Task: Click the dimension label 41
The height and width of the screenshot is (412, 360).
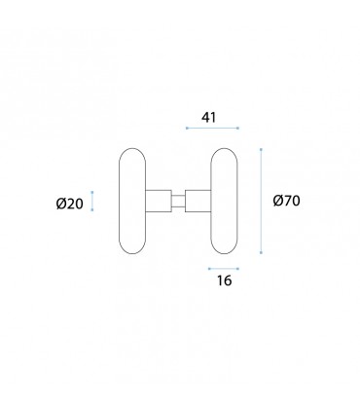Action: tap(208, 117)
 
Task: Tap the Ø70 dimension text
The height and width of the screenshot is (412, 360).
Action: tap(286, 201)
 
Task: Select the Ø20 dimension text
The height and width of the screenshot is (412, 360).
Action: tap(70, 204)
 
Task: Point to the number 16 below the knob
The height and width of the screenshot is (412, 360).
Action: tap(225, 281)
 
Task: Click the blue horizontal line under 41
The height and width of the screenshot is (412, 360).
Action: tap(212, 128)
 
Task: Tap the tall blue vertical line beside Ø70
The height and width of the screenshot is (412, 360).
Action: tap(261, 201)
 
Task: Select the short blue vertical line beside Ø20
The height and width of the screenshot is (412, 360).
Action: tap(92, 201)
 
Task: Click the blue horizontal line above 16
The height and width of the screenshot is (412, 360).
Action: tap(224, 269)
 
